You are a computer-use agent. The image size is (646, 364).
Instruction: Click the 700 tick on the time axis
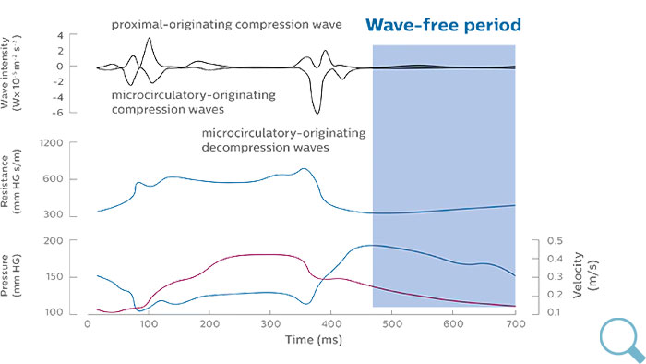513,324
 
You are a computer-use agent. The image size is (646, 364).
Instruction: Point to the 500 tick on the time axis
391,324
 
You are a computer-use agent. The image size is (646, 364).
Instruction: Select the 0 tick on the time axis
87,324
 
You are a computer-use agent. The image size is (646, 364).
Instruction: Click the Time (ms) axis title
300,340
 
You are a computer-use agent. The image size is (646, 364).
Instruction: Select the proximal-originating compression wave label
227,22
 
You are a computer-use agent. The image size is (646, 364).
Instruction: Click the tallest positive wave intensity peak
150,39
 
